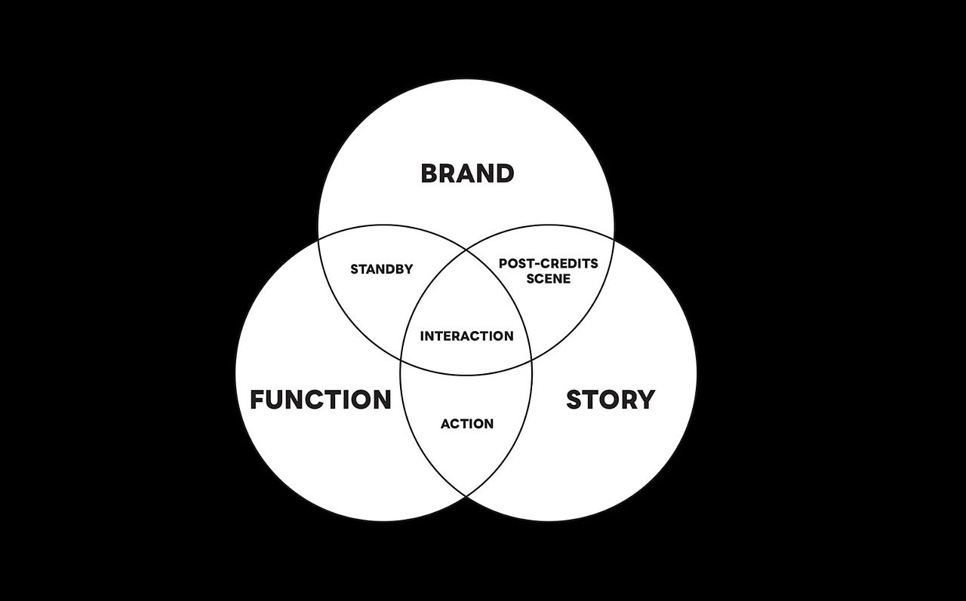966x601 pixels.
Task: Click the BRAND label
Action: click(x=467, y=173)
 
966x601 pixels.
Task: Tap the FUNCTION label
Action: click(x=321, y=399)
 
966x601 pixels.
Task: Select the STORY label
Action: click(x=611, y=399)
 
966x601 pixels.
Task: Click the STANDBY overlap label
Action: click(x=382, y=269)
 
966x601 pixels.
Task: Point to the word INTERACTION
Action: click(x=467, y=336)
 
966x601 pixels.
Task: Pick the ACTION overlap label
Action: click(x=467, y=424)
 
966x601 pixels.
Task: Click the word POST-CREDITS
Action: click(x=549, y=263)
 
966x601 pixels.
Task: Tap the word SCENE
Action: click(x=549, y=278)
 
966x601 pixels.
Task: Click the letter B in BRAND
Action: click(x=429, y=173)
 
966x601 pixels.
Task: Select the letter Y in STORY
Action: click(x=645, y=399)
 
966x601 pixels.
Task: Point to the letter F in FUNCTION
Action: click(x=257, y=399)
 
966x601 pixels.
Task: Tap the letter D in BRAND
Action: click(x=506, y=173)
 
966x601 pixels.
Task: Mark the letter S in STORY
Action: click(x=574, y=399)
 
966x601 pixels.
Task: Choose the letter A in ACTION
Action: click(x=445, y=424)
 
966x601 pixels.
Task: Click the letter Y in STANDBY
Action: click(x=409, y=269)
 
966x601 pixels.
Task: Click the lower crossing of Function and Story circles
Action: click(x=466, y=497)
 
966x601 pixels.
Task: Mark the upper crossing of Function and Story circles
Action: click(x=466, y=249)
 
